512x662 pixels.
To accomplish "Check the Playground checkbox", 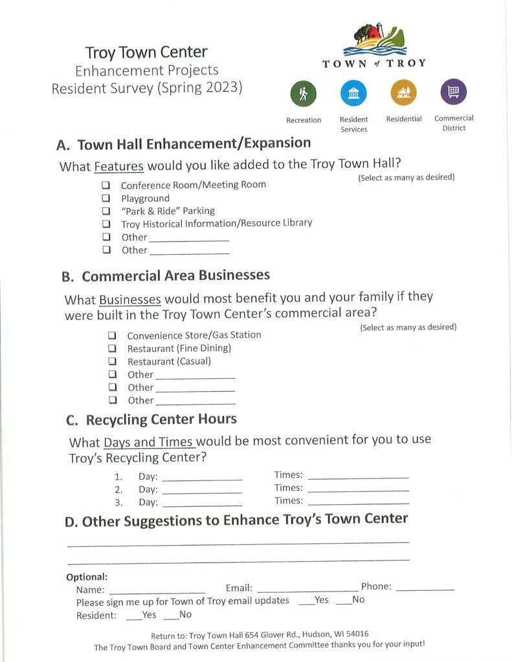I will pyautogui.click(x=106, y=198).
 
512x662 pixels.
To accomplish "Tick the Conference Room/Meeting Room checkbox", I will pyautogui.click(x=106, y=186).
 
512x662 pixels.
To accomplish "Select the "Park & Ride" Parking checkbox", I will pyautogui.click(x=106, y=211).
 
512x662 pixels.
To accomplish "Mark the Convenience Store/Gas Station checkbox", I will pyautogui.click(x=112, y=336).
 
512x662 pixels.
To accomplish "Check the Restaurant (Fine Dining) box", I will pyautogui.click(x=112, y=348).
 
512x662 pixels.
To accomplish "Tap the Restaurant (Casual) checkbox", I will pyautogui.click(x=112, y=361).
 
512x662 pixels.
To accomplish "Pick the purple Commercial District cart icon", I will pyautogui.click(x=453, y=92).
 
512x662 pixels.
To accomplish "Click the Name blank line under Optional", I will pyautogui.click(x=157, y=591).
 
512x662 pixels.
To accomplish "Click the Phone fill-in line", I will pyautogui.click(x=425, y=588).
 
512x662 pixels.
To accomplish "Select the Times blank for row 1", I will pyautogui.click(x=358, y=476).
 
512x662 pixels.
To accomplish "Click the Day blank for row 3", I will pyautogui.click(x=202, y=504).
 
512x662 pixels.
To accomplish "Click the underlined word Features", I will pyautogui.click(x=118, y=166).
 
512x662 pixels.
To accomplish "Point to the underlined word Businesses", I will pyautogui.click(x=129, y=300).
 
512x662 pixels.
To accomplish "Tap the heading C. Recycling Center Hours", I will pyautogui.click(x=151, y=420).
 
